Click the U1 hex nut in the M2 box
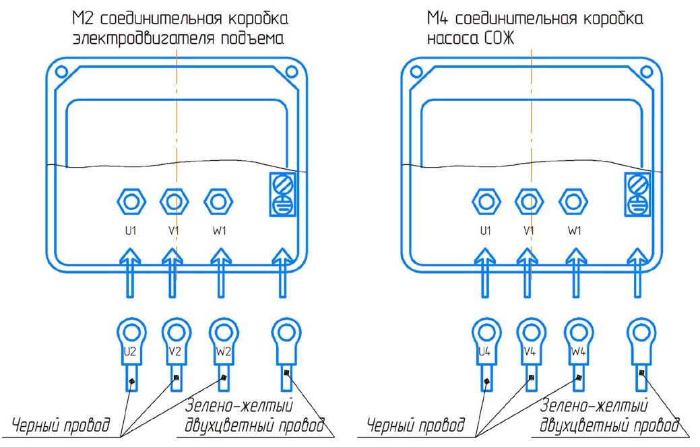point(130,200)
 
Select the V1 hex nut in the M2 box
point(174,200)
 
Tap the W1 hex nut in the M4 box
point(573,200)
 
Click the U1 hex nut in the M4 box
point(486,200)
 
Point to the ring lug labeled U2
point(131,333)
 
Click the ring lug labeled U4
point(486,333)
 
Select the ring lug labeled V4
point(530,333)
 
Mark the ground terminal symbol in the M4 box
point(638,195)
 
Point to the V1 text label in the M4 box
point(530,231)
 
